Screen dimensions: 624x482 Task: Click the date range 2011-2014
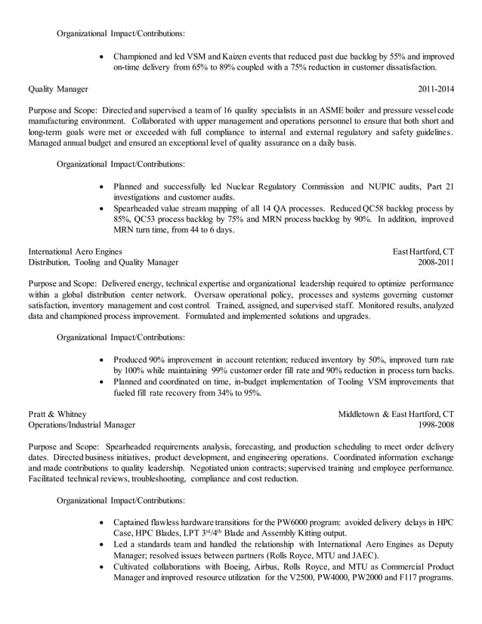click(x=436, y=88)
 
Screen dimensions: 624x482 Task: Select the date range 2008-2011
click(x=436, y=263)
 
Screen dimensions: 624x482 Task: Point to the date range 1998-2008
click(x=436, y=425)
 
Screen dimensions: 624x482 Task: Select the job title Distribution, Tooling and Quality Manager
click(x=104, y=263)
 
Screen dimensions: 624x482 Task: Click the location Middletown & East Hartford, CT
click(x=396, y=414)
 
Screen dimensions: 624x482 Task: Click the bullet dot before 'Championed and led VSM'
click(x=103, y=57)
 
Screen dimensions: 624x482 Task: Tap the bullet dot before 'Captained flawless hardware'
click(x=103, y=524)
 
